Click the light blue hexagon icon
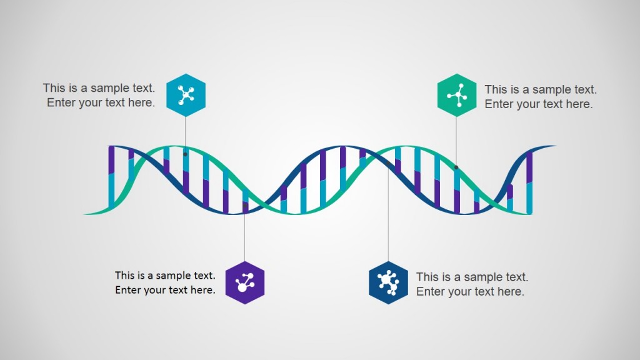click(x=186, y=95)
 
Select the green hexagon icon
click(x=456, y=95)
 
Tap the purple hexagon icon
click(x=244, y=282)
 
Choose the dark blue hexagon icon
click(x=388, y=282)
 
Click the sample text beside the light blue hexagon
click(x=99, y=96)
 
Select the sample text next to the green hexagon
click(x=540, y=97)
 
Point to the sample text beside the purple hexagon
click(x=165, y=282)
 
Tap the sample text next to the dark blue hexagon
click(x=472, y=284)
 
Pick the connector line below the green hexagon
click(x=456, y=141)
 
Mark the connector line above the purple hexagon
click(x=244, y=237)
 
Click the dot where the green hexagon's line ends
click(x=456, y=167)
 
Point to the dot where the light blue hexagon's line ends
click(x=186, y=153)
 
